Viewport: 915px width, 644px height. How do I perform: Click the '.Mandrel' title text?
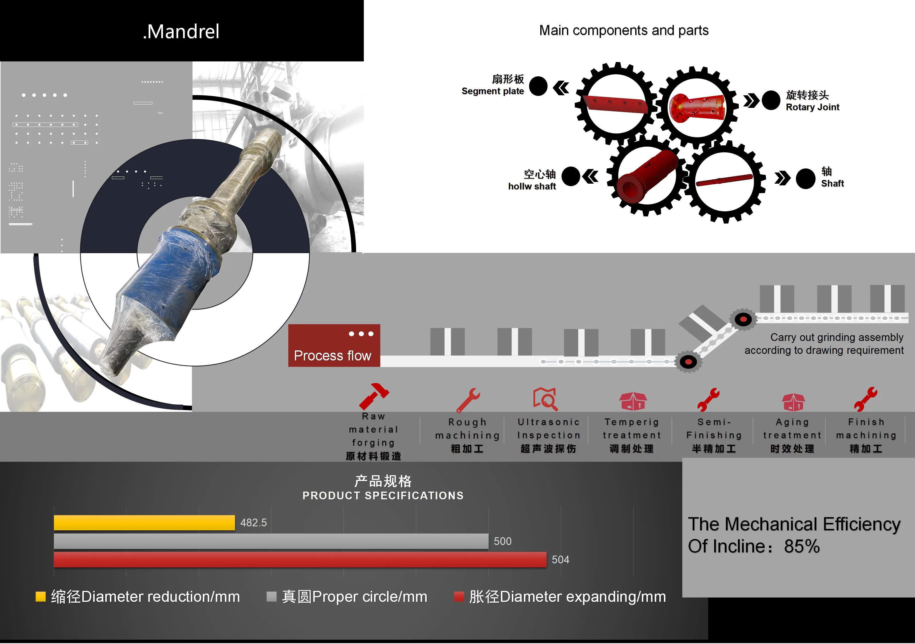[181, 32]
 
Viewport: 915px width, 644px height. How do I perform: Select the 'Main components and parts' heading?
[624, 30]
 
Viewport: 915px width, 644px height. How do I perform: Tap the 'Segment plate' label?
[493, 91]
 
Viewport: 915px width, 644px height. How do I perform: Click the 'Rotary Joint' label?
[812, 107]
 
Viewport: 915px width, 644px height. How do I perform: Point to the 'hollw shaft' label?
[532, 187]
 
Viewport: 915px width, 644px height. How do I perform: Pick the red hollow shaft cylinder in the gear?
[646, 175]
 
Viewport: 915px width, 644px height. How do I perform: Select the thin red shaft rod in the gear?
[724, 180]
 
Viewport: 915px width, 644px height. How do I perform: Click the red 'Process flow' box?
[334, 346]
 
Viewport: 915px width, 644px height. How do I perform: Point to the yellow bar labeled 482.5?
[144, 522]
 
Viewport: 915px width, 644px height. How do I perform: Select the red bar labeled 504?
[300, 560]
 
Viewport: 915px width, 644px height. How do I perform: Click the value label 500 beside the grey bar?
[502, 541]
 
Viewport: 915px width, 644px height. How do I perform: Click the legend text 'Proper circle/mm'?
[370, 597]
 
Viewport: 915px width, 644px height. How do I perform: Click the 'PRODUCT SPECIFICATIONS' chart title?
[383, 495]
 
